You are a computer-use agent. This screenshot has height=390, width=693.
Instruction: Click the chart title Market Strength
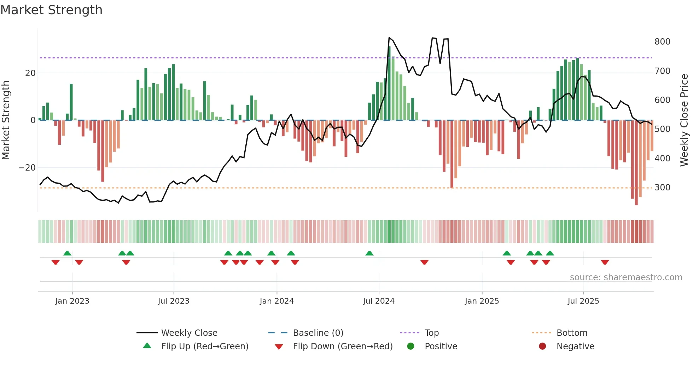coord(51,10)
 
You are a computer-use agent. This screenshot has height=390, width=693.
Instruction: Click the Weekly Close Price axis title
coord(684,120)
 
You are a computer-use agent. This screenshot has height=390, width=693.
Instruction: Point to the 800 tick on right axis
coord(662,42)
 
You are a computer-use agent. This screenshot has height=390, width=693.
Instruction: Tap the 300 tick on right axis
coord(662,188)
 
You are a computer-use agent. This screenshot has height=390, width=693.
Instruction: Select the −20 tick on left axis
coord(27,168)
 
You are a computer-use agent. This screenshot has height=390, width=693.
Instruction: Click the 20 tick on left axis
coord(30,73)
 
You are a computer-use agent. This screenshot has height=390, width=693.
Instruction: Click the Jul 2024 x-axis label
coord(378,301)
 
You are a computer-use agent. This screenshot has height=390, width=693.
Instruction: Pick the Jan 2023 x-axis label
coord(72,301)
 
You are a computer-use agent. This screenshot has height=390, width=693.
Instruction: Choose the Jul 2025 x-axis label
coord(583,301)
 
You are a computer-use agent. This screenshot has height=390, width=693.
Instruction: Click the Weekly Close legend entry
coord(189,333)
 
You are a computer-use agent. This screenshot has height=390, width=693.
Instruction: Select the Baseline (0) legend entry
coord(318,333)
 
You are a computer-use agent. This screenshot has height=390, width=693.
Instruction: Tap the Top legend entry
coord(431,333)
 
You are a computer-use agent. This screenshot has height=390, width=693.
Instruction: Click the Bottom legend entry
coord(572,333)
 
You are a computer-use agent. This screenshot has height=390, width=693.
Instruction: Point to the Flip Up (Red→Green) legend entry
coord(204,346)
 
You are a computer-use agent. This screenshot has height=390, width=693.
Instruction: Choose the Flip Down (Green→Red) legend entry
coord(342,346)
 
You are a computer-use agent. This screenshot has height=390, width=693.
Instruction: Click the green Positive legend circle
coord(410,346)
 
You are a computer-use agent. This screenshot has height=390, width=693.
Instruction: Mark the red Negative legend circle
coord(542,346)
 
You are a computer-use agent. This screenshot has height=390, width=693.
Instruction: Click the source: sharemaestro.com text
coord(626,277)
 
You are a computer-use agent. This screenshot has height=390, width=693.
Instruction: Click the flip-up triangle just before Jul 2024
coord(369,253)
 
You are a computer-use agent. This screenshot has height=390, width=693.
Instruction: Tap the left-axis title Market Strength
coord(6,120)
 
